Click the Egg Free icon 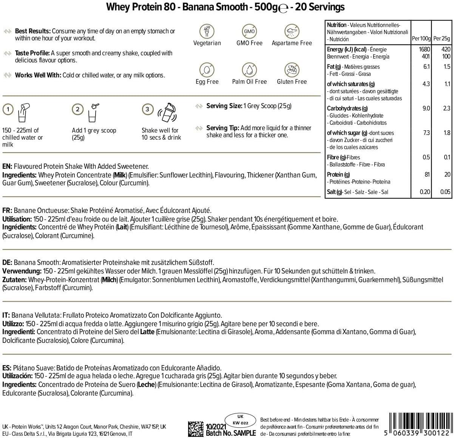pyautogui.click(x=207, y=70)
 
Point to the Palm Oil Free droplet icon pyautogui.click(x=249, y=70)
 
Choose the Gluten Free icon pyautogui.click(x=292, y=70)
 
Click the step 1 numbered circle pyautogui.click(x=8, y=109)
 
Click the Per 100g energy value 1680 pyautogui.click(x=424, y=49)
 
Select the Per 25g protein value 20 pyautogui.click(x=447, y=174)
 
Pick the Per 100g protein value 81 pyautogui.click(x=426, y=174)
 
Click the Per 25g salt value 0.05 pyautogui.click(x=445, y=192)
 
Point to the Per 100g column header pyautogui.click(x=421, y=39)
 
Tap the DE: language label pyautogui.click(x=7, y=262)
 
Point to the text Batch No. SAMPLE pyautogui.click(x=230, y=433)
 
